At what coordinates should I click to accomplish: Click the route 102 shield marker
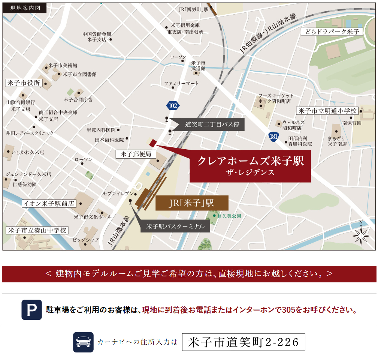[173, 105]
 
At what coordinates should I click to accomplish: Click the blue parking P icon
[31, 310]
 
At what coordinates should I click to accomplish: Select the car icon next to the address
[83, 342]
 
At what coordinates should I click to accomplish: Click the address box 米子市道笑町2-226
[244, 342]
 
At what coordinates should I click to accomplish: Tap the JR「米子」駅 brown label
[191, 203]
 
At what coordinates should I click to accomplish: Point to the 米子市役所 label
[23, 83]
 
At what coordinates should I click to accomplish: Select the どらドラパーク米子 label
[332, 32]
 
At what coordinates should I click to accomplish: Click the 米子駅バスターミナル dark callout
[175, 226]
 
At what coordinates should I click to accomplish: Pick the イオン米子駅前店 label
[49, 204]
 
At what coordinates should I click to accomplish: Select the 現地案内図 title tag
[25, 7]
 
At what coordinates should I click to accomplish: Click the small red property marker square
[152, 143]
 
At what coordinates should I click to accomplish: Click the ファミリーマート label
[181, 83]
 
